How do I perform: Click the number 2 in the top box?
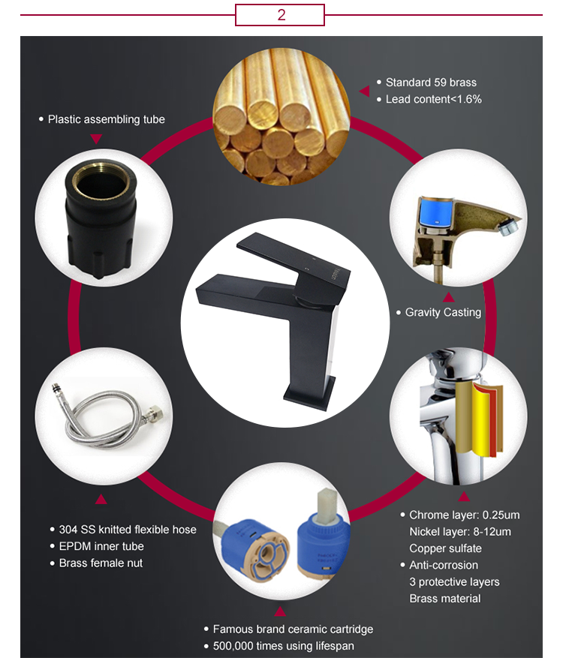[x=281, y=15]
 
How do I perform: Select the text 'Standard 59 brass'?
[x=431, y=83]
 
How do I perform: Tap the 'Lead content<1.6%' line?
[x=433, y=99]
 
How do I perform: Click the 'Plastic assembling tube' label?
[x=106, y=119]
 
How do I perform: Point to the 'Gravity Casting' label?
[x=443, y=312]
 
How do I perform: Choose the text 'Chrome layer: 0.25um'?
[x=464, y=515]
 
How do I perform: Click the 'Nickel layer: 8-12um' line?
[x=460, y=532]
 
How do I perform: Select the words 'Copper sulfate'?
[x=445, y=548]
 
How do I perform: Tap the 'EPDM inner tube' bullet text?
[x=101, y=546]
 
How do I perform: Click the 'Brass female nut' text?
[x=101, y=563]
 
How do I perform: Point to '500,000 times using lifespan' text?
[x=283, y=646]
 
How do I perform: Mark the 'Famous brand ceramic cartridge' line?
[x=293, y=629]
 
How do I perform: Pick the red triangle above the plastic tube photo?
[x=95, y=139]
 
